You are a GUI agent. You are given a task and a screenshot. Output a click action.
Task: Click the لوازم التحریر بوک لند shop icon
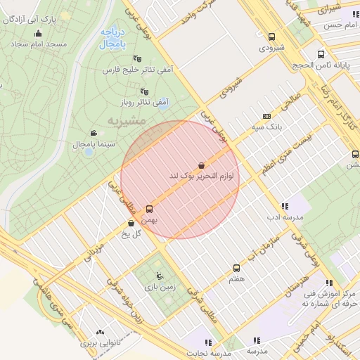coord(202,165)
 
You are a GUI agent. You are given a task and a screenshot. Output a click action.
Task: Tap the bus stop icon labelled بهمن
coord(149,209)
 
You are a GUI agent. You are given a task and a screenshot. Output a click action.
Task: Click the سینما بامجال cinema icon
coord(93,133)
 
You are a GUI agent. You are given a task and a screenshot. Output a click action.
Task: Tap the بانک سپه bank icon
coord(266,116)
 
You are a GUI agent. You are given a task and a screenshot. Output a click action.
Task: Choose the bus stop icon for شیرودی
coord(272,37)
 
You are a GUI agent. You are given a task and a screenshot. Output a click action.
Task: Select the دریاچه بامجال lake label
coord(112,38)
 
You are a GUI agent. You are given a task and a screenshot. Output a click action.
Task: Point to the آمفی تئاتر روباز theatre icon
coord(145,91)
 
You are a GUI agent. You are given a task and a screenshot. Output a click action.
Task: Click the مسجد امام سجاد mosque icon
coord(38,33)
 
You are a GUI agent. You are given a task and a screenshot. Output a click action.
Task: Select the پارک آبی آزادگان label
coord(30,19)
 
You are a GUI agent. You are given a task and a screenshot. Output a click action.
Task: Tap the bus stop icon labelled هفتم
coord(236,268)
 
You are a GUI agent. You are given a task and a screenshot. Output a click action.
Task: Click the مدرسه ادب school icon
coord(284,206)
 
